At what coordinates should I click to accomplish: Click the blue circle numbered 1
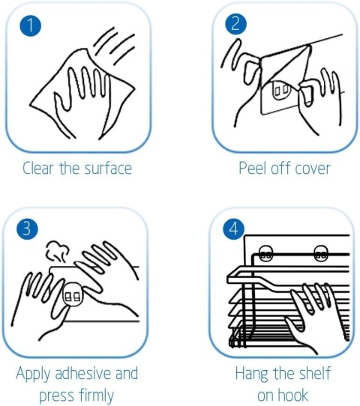30,25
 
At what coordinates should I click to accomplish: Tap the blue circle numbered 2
235,24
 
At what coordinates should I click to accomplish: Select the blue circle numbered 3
27,229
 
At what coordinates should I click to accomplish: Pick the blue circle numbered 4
233,229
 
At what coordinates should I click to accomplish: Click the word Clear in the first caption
37,168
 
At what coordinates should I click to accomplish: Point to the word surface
108,168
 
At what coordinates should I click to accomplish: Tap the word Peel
253,168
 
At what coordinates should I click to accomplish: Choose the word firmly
96,396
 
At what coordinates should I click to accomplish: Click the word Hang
251,374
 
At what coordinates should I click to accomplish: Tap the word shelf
315,373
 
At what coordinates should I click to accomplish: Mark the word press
56,397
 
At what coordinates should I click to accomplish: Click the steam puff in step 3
58,251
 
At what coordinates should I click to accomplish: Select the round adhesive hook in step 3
73,295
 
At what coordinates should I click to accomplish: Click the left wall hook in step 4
266,253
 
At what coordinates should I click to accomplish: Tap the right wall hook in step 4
321,253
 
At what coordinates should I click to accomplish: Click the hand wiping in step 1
83,102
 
